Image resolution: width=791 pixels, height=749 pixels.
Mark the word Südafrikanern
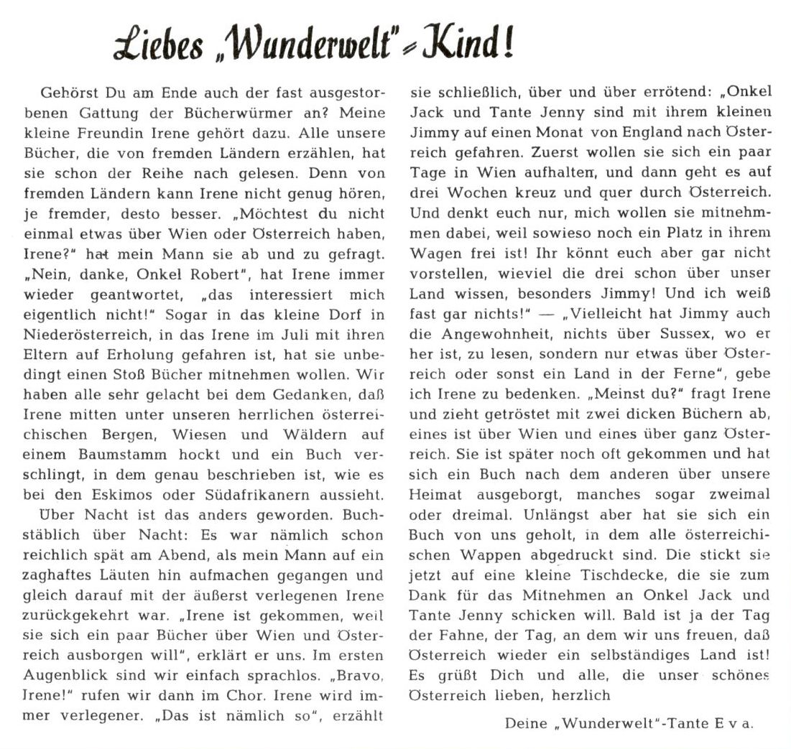tap(254, 494)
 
